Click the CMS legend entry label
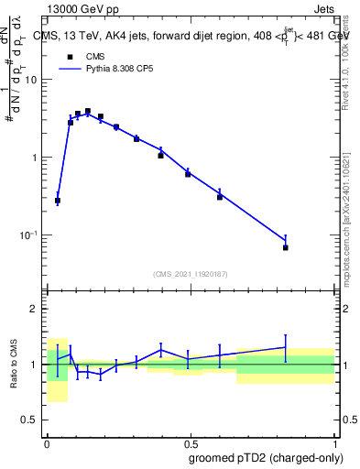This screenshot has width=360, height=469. (x=94, y=56)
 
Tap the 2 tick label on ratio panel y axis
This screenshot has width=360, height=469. (x=35, y=310)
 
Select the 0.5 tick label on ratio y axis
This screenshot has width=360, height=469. (x=30, y=420)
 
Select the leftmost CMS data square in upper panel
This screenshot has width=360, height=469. (x=58, y=200)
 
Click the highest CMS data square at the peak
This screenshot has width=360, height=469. (x=88, y=111)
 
